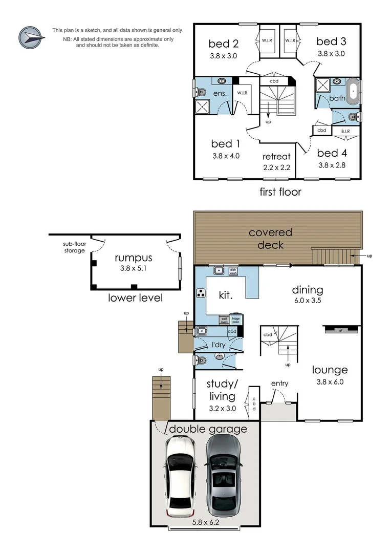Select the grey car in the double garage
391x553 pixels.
click(223, 477)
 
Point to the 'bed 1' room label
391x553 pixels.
click(225, 144)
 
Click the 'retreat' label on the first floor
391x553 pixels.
click(276, 157)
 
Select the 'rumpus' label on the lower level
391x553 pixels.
click(134, 258)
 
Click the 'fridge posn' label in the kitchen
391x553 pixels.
click(235, 320)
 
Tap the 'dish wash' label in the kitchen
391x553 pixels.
click(233, 271)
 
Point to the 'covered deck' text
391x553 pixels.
click(270, 238)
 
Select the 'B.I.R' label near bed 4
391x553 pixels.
click(345, 132)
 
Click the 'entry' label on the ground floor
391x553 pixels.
click(279, 383)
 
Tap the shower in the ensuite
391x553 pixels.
click(202, 107)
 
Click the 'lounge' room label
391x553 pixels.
click(330, 370)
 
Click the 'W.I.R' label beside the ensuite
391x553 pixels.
click(242, 93)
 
